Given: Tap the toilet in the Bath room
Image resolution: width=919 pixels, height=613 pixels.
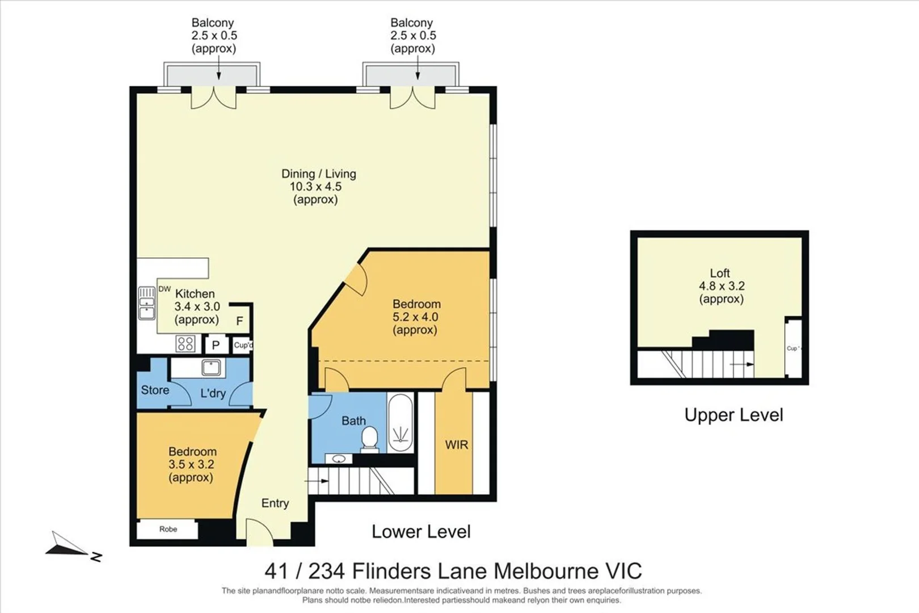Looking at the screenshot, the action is point(370,439).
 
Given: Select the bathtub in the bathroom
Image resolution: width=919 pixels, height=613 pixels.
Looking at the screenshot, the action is point(401,423).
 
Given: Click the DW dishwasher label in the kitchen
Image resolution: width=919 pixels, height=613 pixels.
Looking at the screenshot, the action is point(165,289).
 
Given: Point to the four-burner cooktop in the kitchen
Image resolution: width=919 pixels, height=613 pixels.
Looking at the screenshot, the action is point(185,343).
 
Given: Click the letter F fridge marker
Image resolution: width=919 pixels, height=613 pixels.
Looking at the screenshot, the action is point(239,321).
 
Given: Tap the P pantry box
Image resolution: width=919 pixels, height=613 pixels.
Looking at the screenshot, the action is point(216,345).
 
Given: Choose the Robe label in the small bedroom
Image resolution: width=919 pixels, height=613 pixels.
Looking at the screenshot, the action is point(168,529).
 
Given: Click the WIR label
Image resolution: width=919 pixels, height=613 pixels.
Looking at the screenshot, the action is point(457,444).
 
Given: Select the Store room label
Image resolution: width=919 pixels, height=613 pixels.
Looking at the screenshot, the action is point(155,389).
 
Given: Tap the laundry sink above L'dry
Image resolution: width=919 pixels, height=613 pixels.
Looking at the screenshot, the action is point(211,367).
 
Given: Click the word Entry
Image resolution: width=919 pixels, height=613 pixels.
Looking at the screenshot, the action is point(275,503).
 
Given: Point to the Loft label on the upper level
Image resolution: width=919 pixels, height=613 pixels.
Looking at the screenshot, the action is point(720,272).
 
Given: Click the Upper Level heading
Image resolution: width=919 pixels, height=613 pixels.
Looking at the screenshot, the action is point(734,415).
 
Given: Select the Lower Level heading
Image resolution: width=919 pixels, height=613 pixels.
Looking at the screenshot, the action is point(421,532).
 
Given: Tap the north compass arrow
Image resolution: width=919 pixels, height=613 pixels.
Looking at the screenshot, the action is point(67,545).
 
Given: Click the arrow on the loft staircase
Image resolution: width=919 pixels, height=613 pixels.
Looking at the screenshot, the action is point(742,364).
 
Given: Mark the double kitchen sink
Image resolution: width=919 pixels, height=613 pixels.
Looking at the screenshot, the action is point(146,303).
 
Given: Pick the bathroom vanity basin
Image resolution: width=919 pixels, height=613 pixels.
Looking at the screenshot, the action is point(339,459).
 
